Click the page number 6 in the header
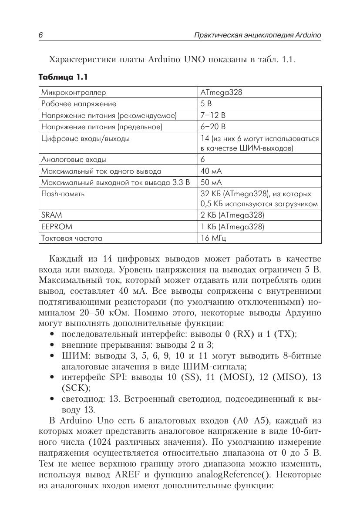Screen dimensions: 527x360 point(40,35)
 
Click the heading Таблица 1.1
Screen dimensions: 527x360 point(63,77)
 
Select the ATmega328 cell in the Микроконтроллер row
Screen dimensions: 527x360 point(221,92)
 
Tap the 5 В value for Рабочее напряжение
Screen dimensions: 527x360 point(206,104)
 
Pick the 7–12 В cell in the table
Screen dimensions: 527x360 point(213,115)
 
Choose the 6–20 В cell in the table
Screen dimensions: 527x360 point(213,127)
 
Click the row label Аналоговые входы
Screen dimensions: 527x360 point(74,160)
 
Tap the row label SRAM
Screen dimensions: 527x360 point(51,215)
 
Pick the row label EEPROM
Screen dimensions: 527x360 point(57,227)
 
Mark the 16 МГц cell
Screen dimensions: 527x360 point(213,238)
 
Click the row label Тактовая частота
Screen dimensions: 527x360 point(72,238)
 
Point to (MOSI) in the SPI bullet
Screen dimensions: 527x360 point(236,377)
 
